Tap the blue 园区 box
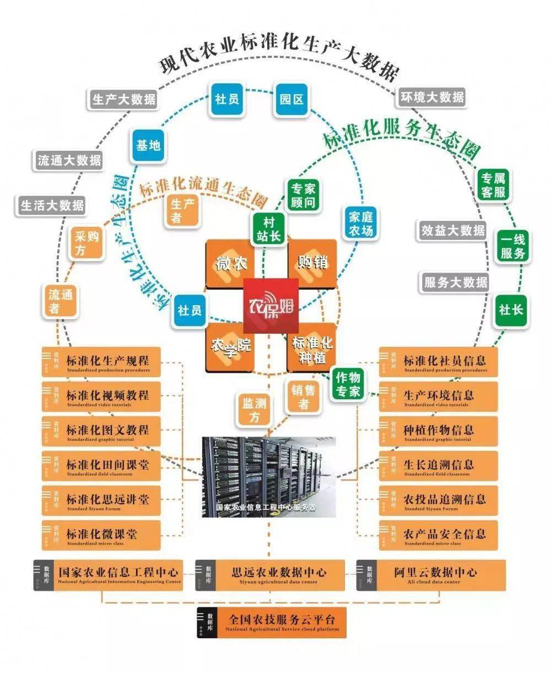(291, 99)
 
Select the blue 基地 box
(148, 145)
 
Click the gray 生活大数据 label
(52, 205)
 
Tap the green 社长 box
(510, 309)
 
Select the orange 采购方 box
(86, 243)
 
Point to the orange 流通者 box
(60, 301)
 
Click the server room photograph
(269, 476)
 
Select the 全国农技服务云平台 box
(272, 622)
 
